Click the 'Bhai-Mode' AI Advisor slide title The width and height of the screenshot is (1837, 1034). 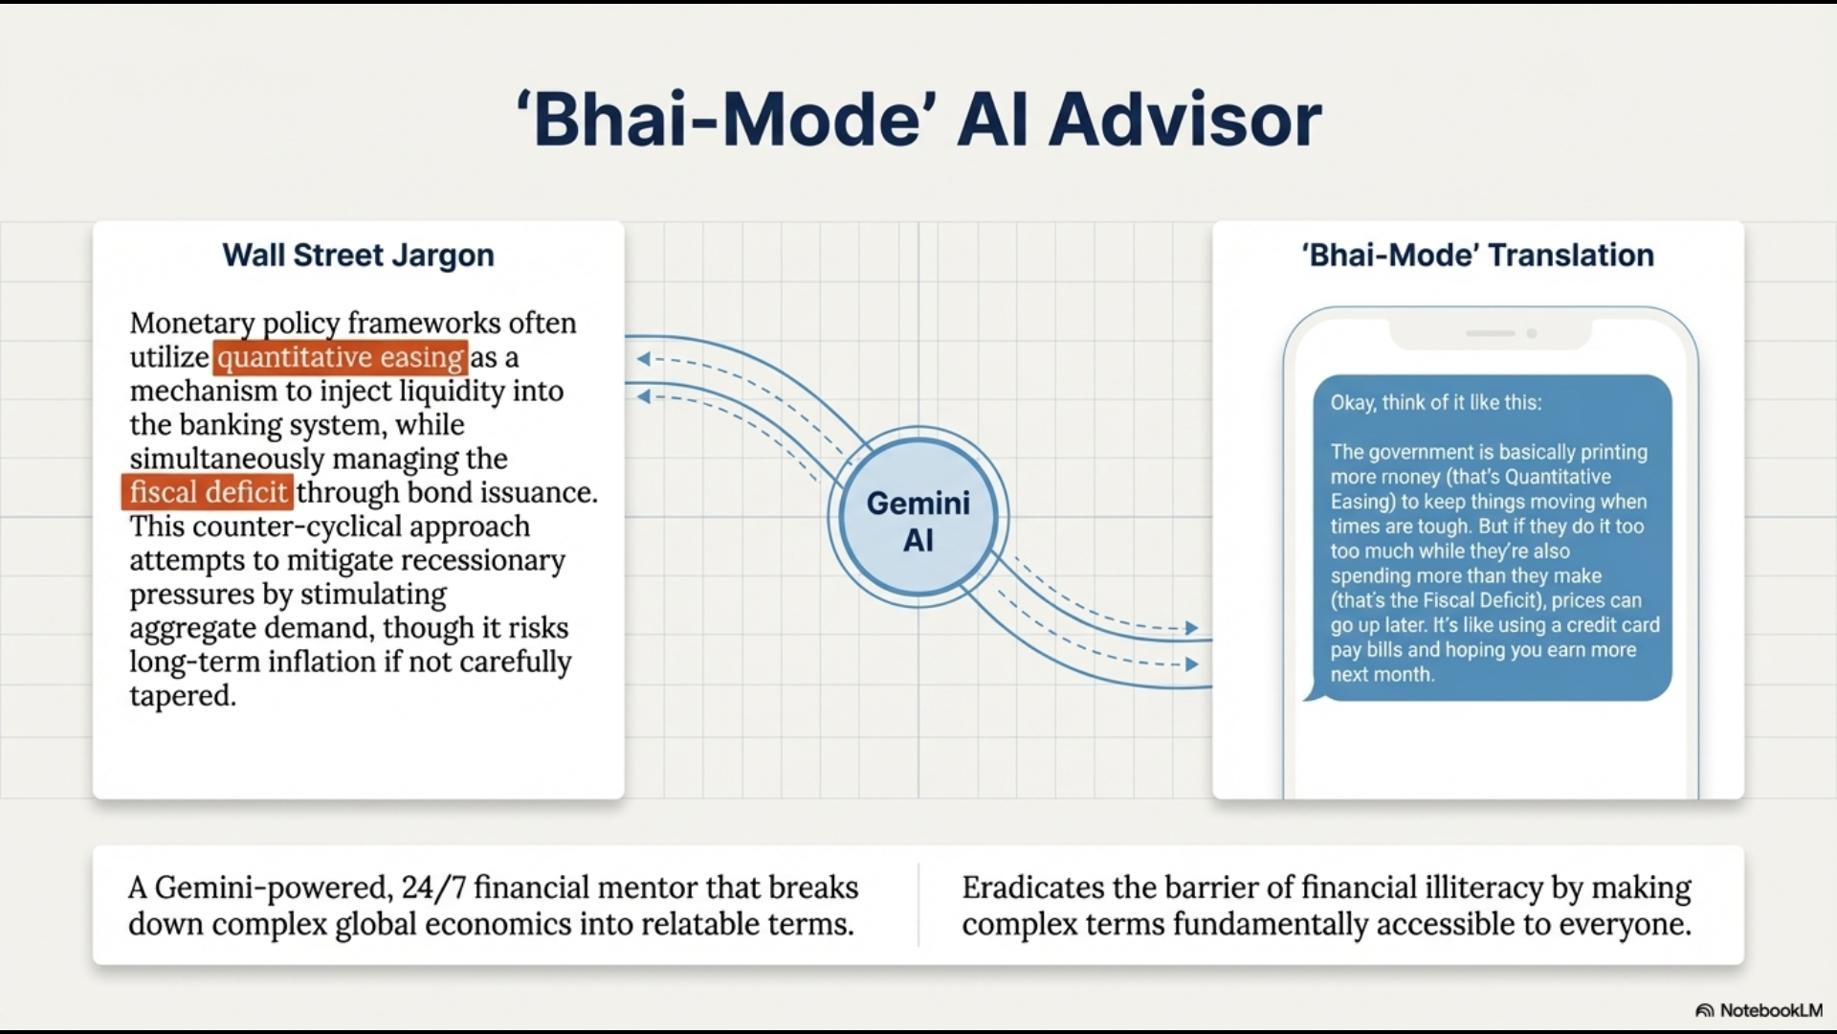pos(918,121)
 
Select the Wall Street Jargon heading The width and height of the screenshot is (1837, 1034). pos(359,256)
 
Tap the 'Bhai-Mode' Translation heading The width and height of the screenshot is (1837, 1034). pos(1477,256)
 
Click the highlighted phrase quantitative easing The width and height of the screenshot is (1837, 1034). pos(341,357)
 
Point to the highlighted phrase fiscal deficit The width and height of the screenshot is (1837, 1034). pos(209,492)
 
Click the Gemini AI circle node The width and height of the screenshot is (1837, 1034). pos(918,517)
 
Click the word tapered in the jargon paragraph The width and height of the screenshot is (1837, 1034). pos(183,696)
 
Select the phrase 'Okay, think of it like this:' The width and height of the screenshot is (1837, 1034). pos(1436,403)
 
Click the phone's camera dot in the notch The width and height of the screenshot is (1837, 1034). pos(1532,334)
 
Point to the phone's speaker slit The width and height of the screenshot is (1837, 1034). pos(1490,333)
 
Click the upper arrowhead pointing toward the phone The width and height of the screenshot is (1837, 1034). pos(1191,628)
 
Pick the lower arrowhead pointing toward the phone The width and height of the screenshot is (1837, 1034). pos(1191,664)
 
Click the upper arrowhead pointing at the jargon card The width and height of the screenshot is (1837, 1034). pos(644,359)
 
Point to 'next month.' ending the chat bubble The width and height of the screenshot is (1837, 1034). pos(1383,675)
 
